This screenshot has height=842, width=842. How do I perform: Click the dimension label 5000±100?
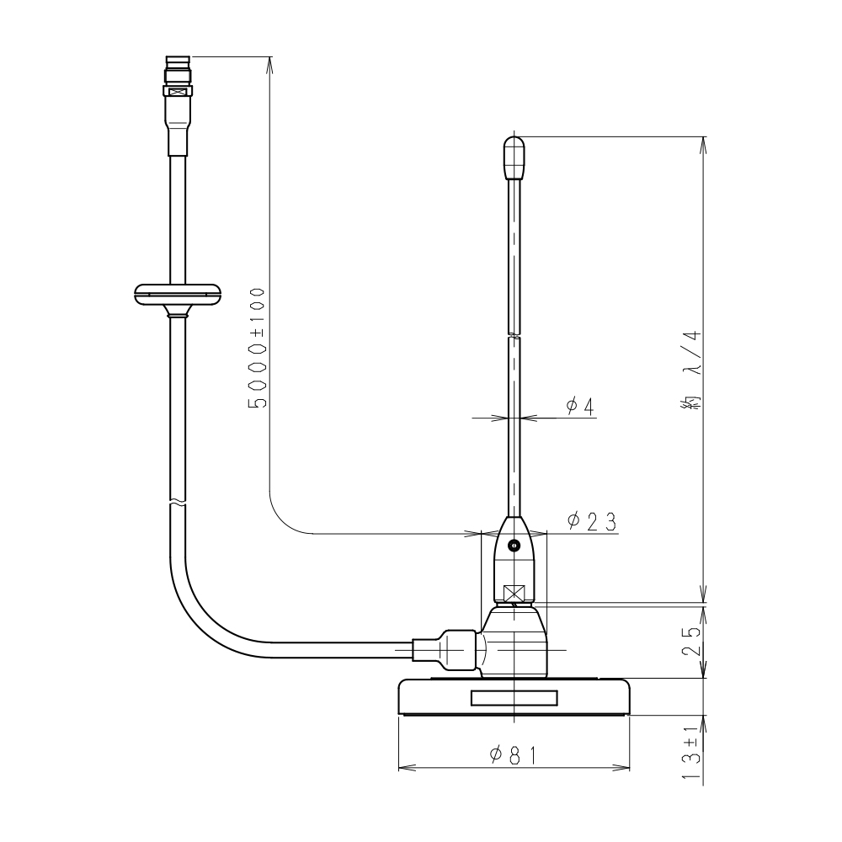[x=257, y=348]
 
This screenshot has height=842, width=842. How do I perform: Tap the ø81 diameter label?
[x=514, y=755]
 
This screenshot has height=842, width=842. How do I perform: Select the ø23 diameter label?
[x=592, y=521]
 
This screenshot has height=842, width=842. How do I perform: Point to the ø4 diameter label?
[x=580, y=407]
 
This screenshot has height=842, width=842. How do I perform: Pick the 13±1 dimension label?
[x=693, y=752]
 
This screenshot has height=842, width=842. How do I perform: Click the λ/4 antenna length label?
[x=691, y=370]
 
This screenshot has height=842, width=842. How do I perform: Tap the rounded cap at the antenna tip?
[x=514, y=157]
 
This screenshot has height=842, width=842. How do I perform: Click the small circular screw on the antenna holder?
[x=514, y=546]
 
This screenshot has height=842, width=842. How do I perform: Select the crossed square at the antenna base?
[x=514, y=594]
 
